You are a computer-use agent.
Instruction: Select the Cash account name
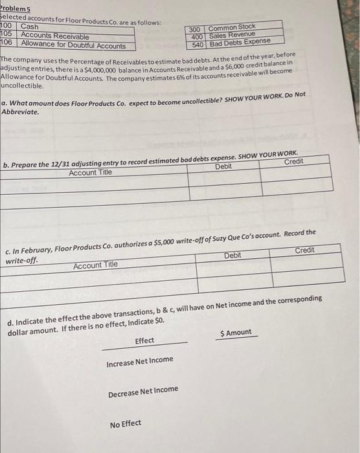pos(30,27)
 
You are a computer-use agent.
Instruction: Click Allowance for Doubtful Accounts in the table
pos(73,45)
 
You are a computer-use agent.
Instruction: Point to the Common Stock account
pos(232,27)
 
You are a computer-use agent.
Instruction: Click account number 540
pos(198,45)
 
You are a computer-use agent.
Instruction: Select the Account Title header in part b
pos(90,173)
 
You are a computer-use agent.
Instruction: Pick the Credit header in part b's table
pos(293,160)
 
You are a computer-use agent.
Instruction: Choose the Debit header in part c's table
pos(232,256)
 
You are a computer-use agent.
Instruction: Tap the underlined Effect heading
pos(144,340)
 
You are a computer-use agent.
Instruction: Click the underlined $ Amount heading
pos(236,333)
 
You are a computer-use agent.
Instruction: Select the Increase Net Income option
pos(140,360)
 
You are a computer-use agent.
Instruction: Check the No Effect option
pos(125,424)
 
